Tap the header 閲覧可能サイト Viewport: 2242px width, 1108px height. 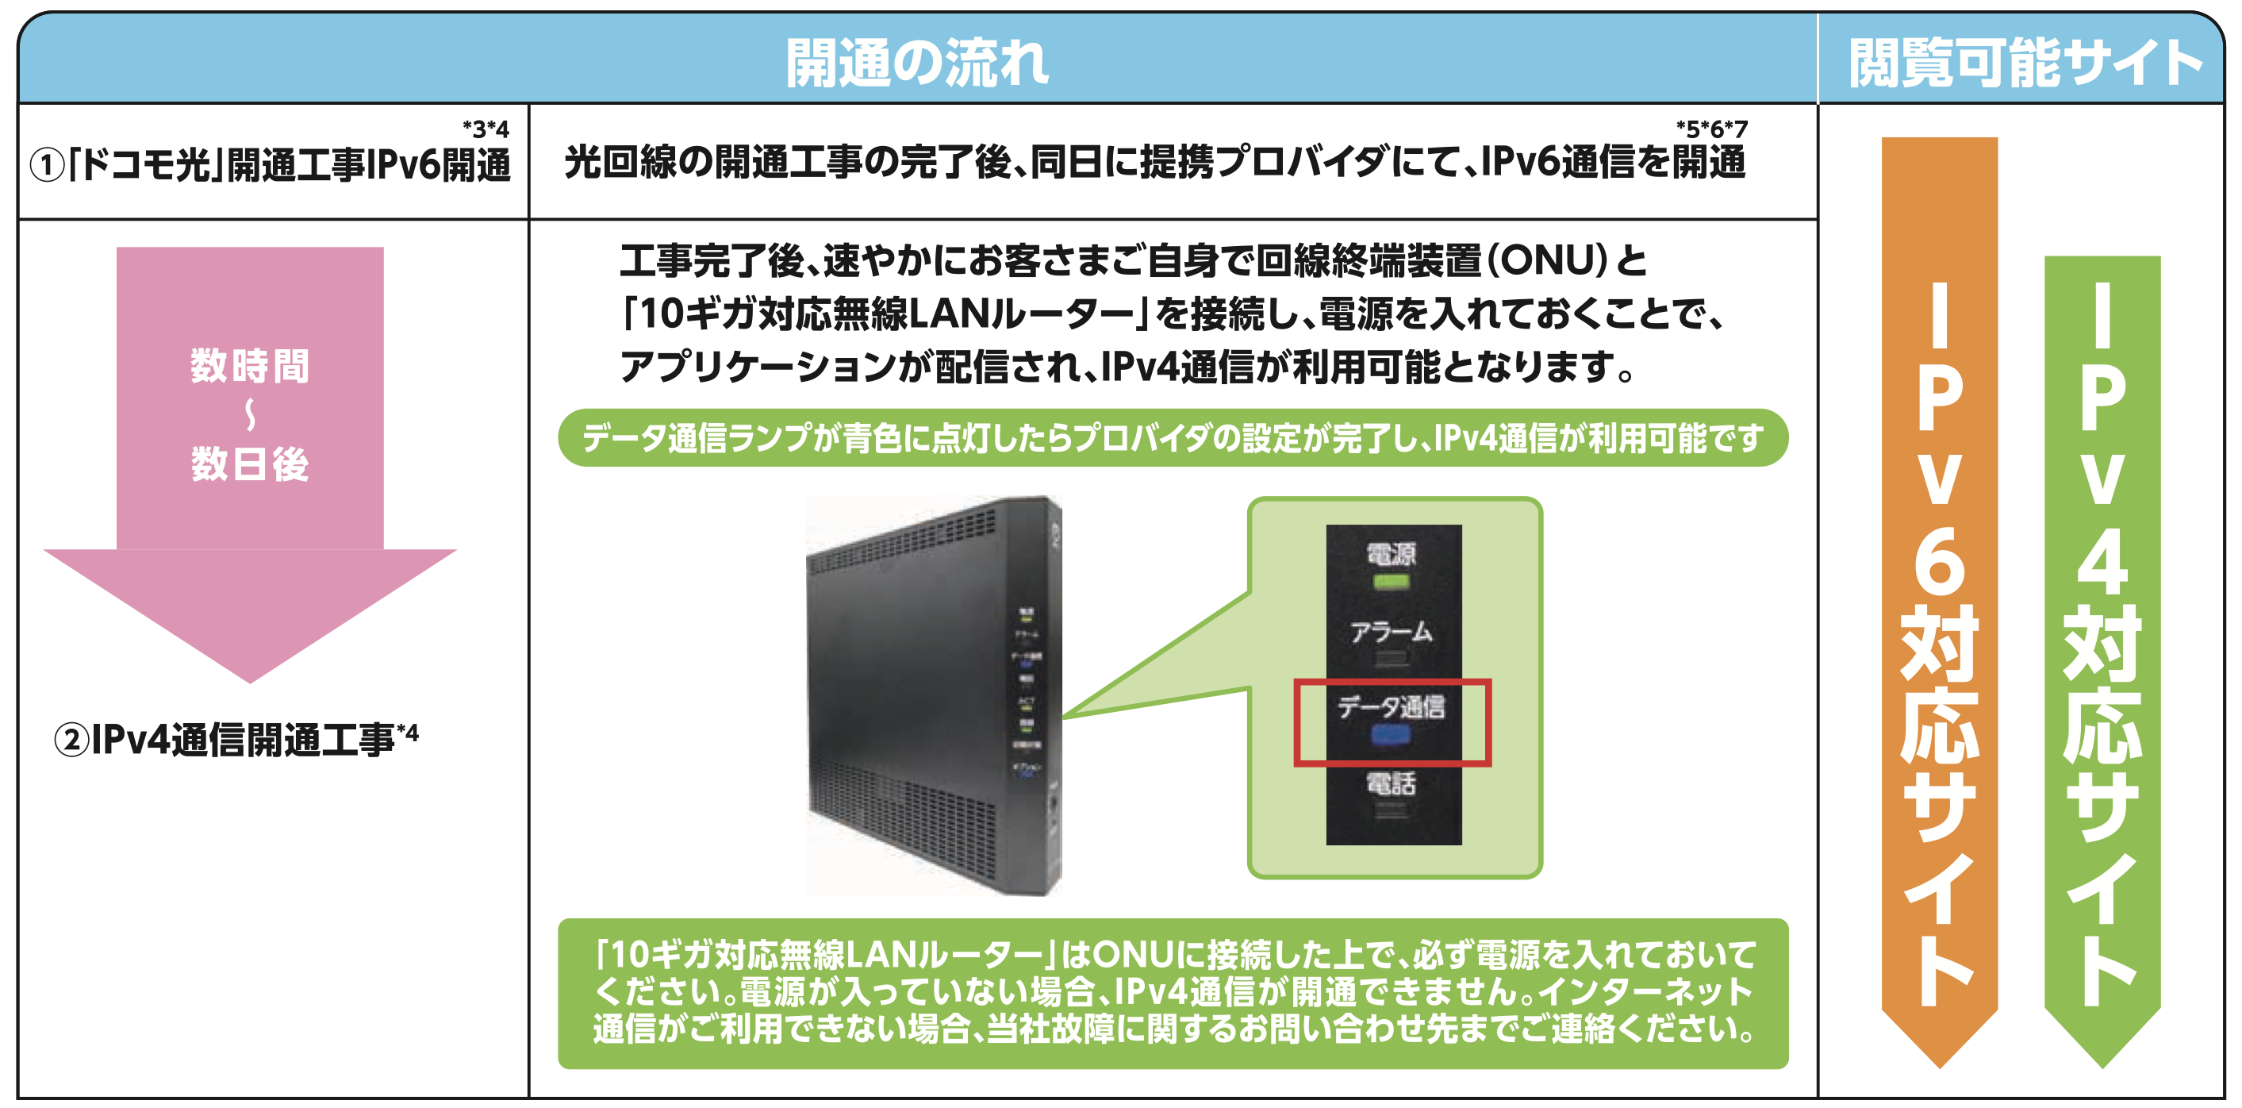point(2024,63)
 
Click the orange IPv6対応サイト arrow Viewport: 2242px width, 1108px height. point(1939,601)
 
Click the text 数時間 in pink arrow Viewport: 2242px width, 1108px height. point(250,366)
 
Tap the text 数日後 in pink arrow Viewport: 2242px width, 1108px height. point(250,464)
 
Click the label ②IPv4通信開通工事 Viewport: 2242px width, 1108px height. point(235,740)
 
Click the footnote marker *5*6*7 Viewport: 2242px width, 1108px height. point(1711,129)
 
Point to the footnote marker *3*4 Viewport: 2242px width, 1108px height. point(486,129)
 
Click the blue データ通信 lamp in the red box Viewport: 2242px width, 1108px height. point(1391,737)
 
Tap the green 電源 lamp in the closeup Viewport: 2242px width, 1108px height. point(1391,582)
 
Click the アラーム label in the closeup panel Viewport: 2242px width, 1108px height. point(1391,632)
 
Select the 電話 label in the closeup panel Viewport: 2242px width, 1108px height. point(1391,783)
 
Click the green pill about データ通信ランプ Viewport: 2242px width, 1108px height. point(1173,438)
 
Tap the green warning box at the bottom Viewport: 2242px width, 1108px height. point(1173,993)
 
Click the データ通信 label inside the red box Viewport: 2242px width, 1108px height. point(1391,706)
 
